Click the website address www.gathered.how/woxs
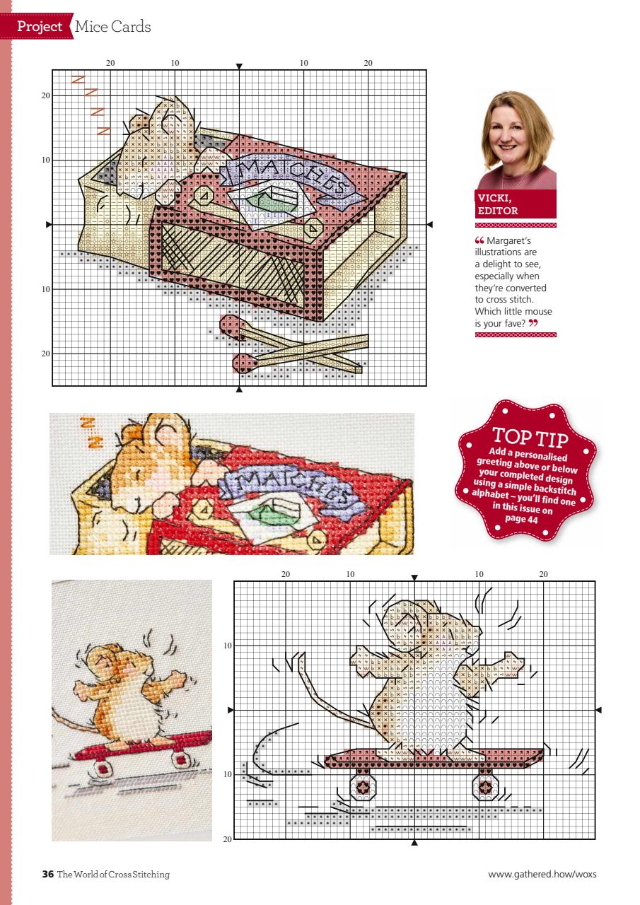(x=542, y=875)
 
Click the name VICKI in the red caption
(x=494, y=199)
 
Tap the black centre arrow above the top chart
(x=239, y=66)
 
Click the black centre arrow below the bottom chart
(x=414, y=842)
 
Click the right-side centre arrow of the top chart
(x=430, y=225)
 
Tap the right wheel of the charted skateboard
(x=486, y=786)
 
